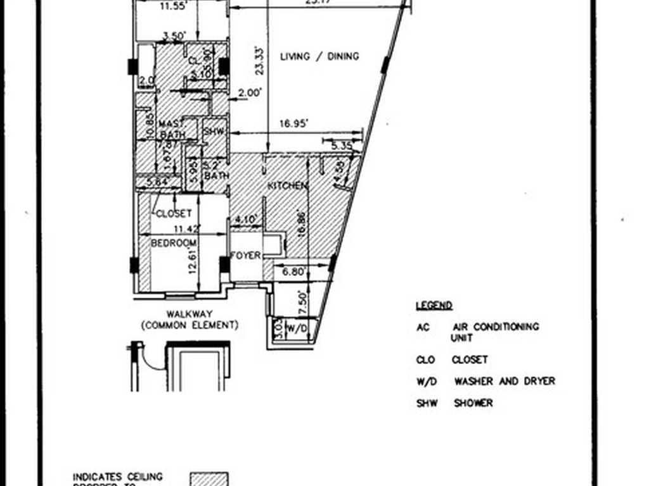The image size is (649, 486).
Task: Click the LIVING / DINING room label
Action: [x=319, y=56]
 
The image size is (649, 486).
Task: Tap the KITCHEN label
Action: [x=287, y=185]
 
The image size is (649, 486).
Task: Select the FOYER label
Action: [x=245, y=255]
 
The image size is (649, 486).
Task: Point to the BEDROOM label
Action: [x=173, y=242]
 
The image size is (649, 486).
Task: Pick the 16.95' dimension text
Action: [x=293, y=125]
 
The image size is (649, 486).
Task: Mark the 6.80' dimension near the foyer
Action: [x=295, y=273]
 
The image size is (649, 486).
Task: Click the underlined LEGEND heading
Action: [x=434, y=306]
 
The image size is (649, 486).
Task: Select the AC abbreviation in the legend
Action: [x=423, y=327]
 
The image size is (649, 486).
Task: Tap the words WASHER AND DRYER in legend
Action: [x=504, y=381]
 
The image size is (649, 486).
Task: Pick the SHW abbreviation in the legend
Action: [x=427, y=402]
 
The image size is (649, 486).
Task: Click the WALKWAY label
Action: [x=190, y=314]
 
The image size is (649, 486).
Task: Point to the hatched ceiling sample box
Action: [x=210, y=479]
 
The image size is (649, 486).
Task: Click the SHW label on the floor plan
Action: [x=214, y=132]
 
